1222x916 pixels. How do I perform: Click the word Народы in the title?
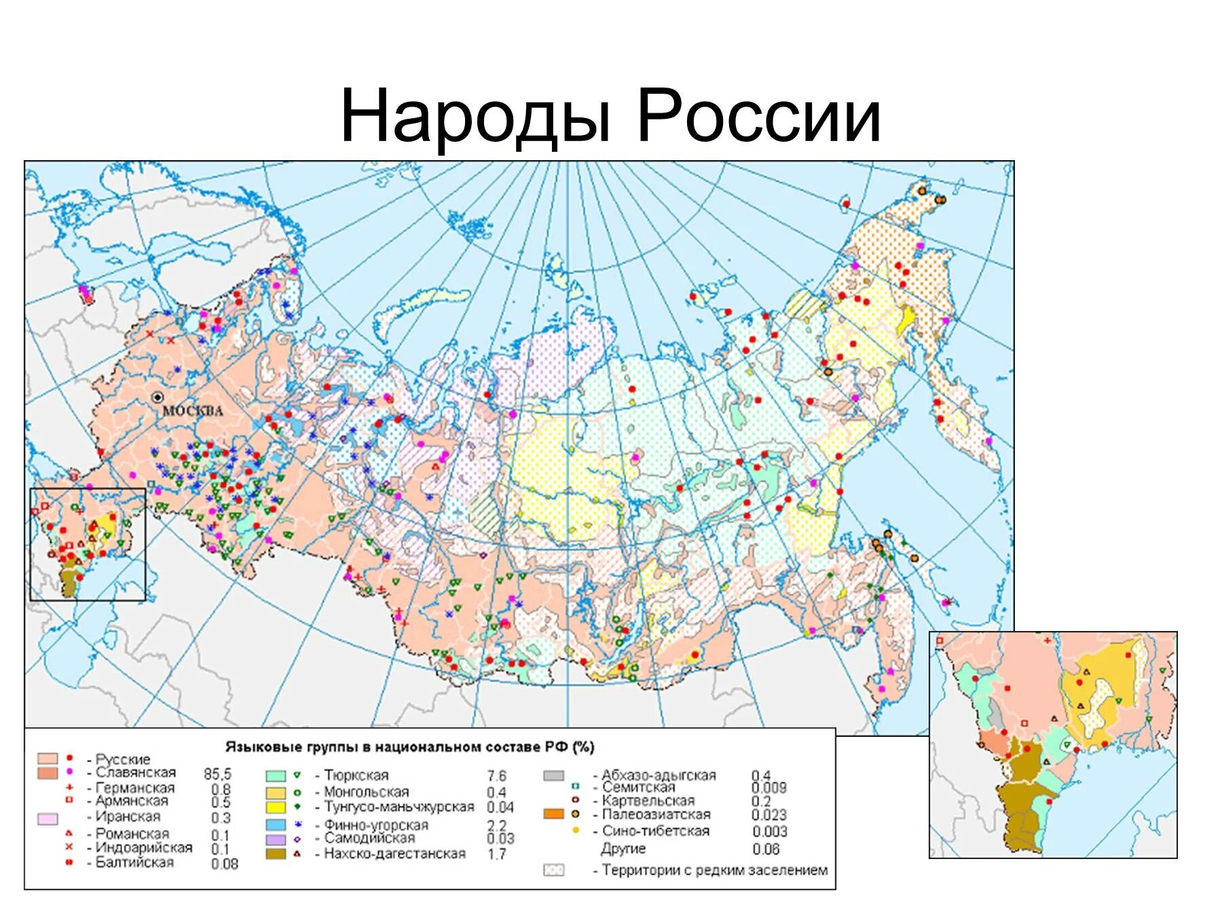pyautogui.click(x=475, y=117)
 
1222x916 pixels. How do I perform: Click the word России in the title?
pyautogui.click(x=758, y=117)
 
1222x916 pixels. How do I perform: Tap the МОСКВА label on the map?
pyautogui.click(x=193, y=411)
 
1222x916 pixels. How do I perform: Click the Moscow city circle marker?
pyautogui.click(x=158, y=397)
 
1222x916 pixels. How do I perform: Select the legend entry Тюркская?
pyautogui.click(x=356, y=775)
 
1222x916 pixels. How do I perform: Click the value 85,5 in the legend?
pyautogui.click(x=217, y=774)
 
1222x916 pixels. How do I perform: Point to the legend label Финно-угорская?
pyautogui.click(x=376, y=825)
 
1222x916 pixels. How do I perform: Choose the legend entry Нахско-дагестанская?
pyautogui.click(x=394, y=854)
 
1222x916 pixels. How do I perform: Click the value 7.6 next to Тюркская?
pyautogui.click(x=496, y=776)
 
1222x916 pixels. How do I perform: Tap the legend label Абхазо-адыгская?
pyautogui.click(x=659, y=775)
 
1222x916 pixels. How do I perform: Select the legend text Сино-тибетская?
pyautogui.click(x=656, y=831)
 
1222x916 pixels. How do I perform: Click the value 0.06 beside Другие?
pyautogui.click(x=766, y=850)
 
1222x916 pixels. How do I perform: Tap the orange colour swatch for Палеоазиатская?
pyautogui.click(x=553, y=814)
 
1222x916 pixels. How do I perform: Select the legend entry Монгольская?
pyautogui.click(x=366, y=792)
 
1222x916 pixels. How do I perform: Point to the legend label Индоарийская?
pyautogui.click(x=144, y=847)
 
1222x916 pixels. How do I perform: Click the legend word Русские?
pyautogui.click(x=123, y=759)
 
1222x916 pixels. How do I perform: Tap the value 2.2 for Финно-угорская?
pyautogui.click(x=496, y=825)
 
